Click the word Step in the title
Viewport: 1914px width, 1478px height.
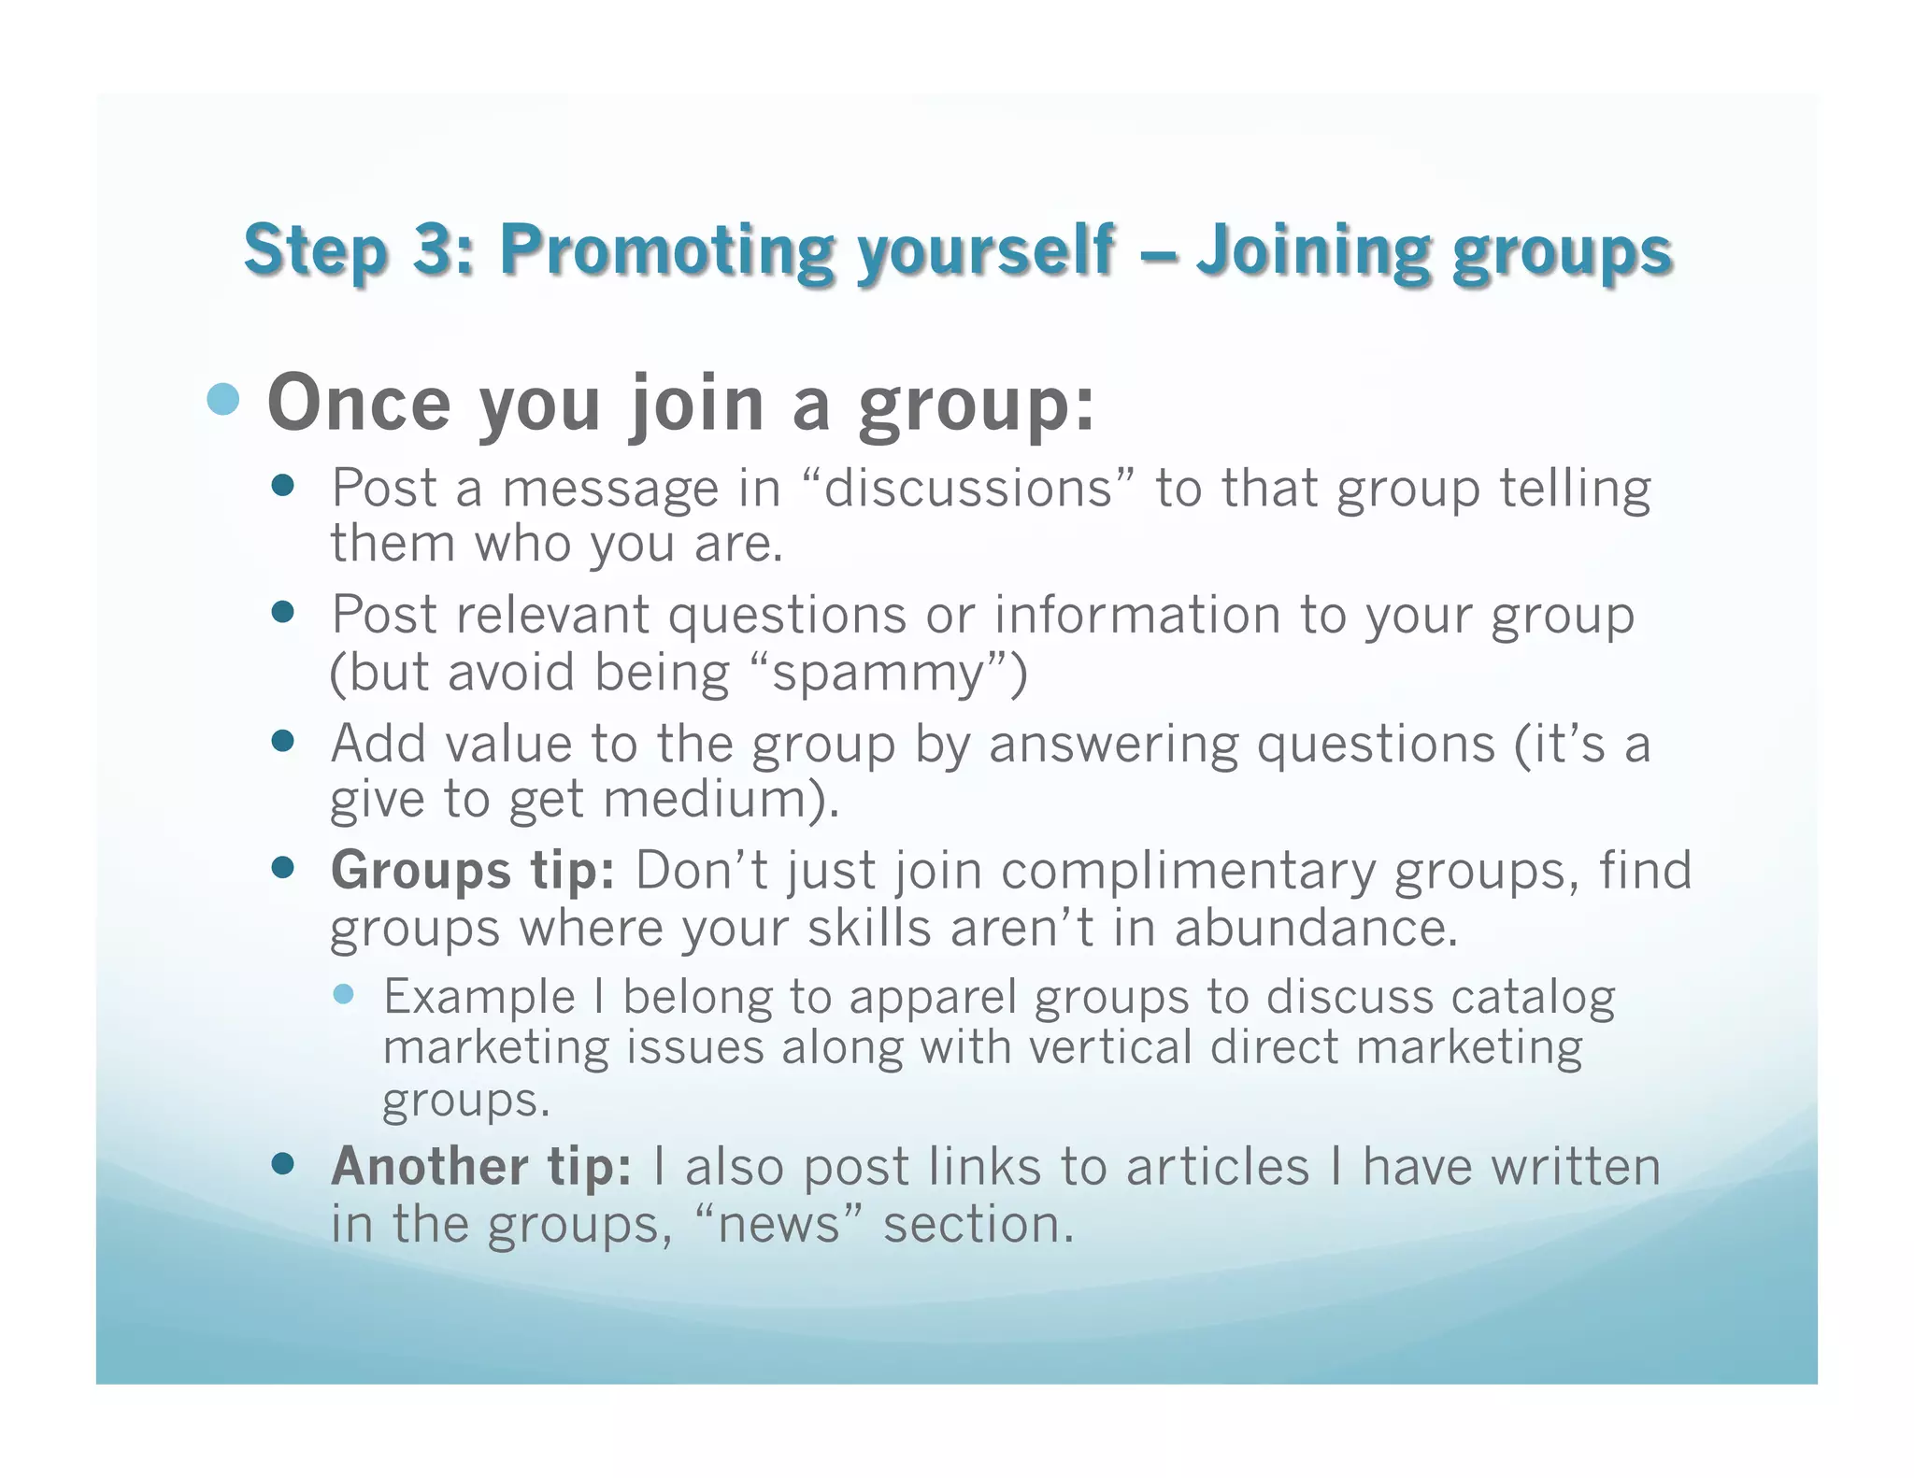(315, 250)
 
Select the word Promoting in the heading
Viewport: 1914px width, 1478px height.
(667, 250)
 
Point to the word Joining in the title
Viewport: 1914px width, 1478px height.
(1312, 250)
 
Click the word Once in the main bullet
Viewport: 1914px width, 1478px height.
(360, 404)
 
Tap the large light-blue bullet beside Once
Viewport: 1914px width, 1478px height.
(223, 400)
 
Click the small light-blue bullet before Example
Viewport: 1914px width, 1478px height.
(343, 994)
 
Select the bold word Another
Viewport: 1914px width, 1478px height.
(430, 1167)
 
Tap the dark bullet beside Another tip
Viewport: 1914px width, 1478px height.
(282, 1164)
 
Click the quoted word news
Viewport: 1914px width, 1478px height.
(781, 1225)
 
